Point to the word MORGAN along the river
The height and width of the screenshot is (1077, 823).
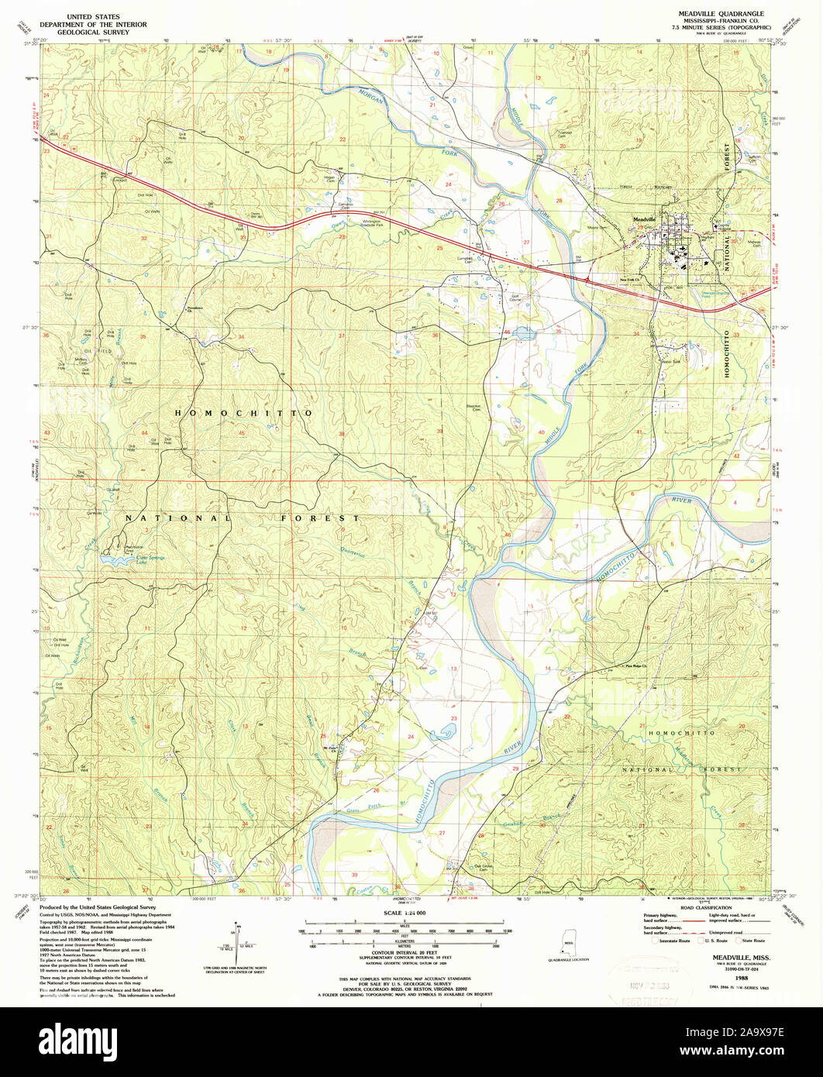(x=372, y=101)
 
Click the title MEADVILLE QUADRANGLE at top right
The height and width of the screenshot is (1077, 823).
(x=719, y=14)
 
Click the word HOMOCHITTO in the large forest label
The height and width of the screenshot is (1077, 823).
(x=243, y=414)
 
